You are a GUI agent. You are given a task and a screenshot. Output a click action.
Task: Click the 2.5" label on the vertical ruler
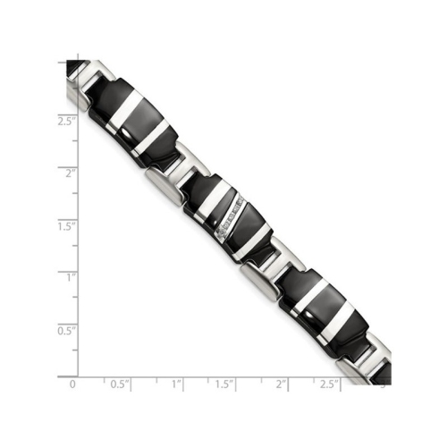[x=65, y=120]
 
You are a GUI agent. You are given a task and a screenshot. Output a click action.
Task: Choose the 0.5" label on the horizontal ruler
[x=118, y=384]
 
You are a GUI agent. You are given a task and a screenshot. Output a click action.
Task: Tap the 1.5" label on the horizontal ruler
[x=224, y=384]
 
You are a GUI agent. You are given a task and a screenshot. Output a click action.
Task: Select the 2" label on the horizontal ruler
[x=282, y=384]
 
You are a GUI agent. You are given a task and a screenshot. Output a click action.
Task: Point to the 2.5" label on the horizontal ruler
[x=330, y=384]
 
